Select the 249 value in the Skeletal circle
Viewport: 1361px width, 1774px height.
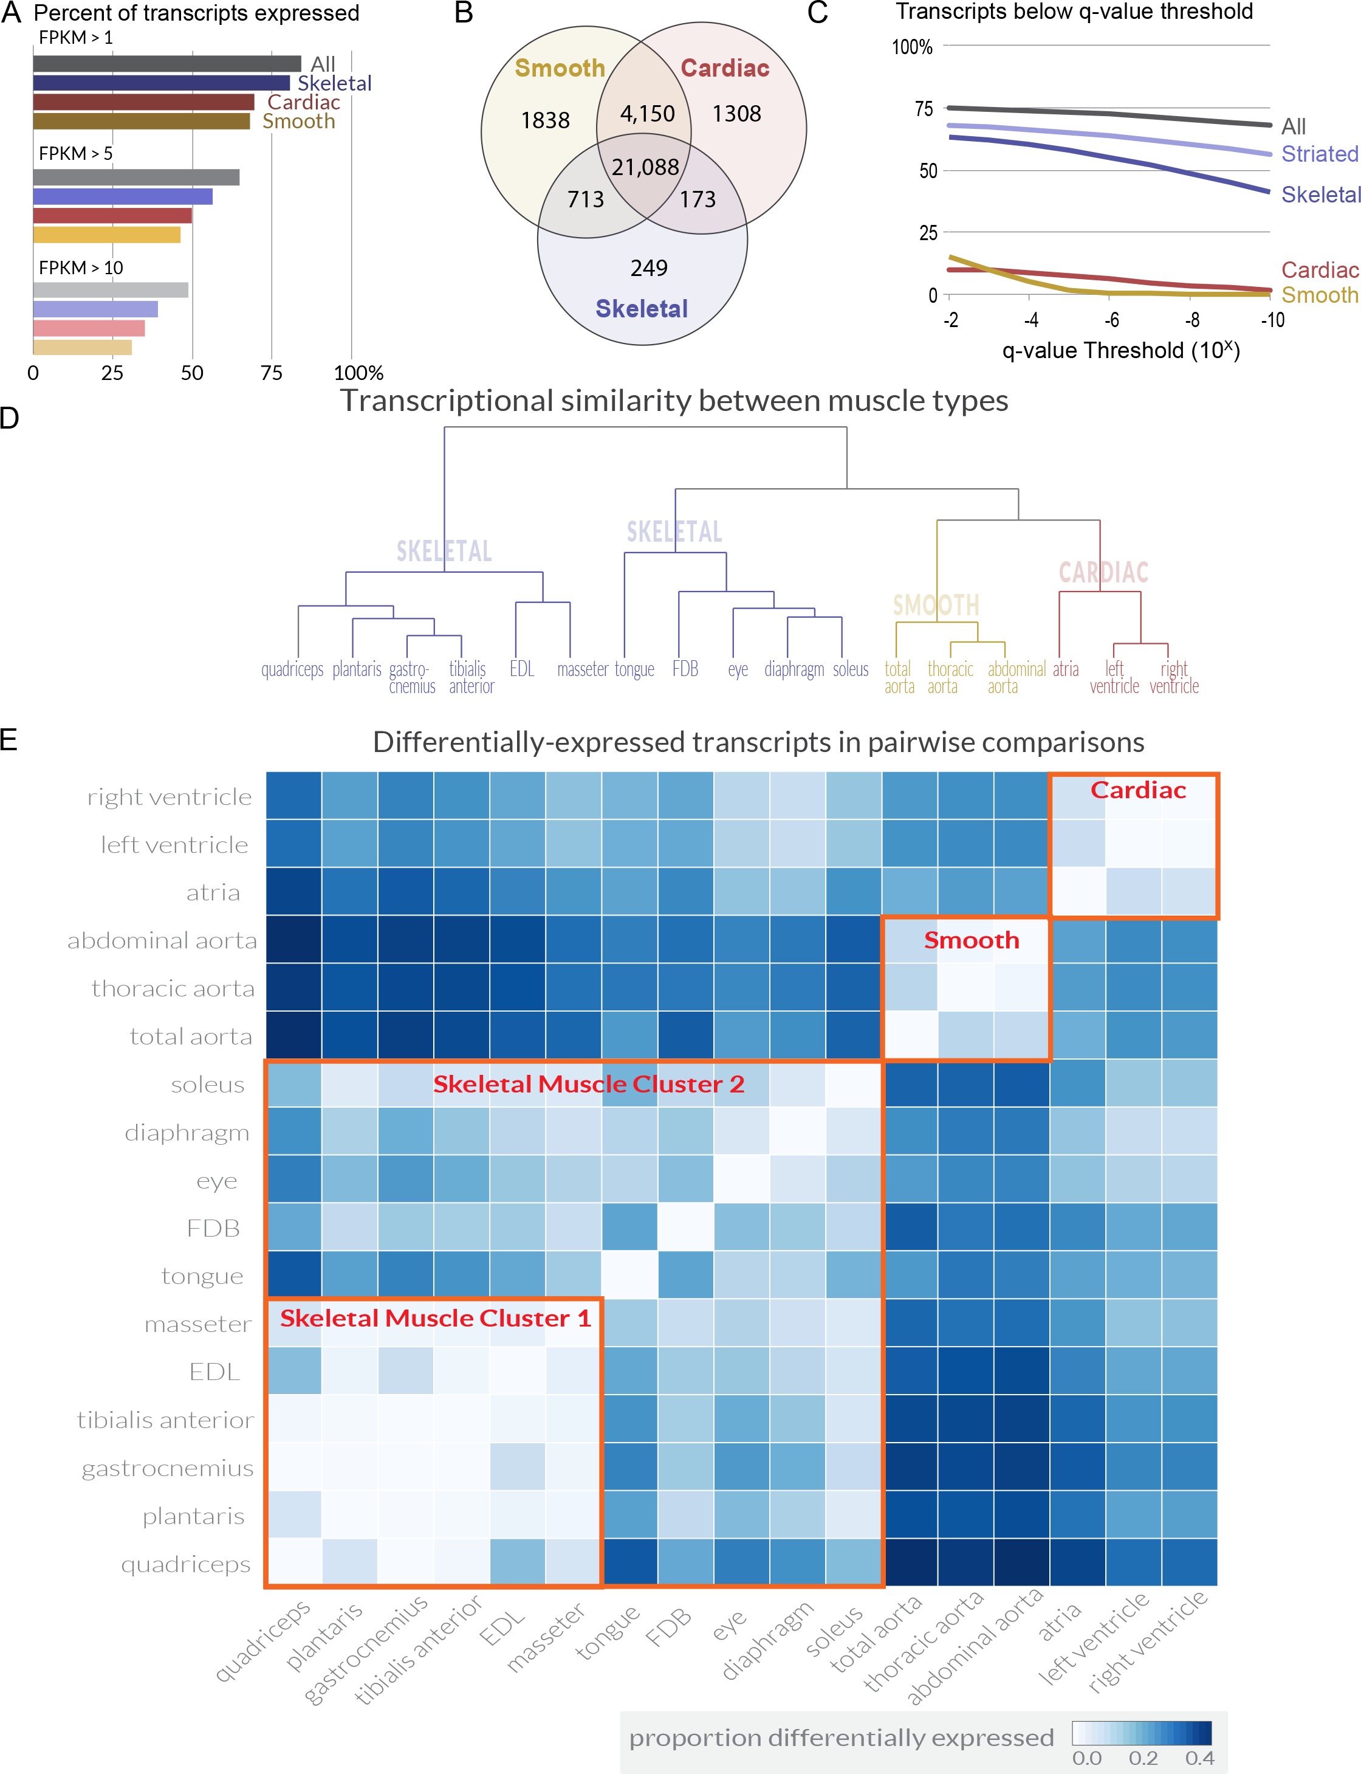coord(649,268)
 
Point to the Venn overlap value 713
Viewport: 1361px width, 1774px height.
coord(585,199)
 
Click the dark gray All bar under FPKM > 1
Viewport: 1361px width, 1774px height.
coord(167,63)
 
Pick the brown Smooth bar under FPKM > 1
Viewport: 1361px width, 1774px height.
coord(142,122)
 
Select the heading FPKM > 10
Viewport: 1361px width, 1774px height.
coord(81,267)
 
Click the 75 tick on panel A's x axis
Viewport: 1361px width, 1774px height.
coord(272,373)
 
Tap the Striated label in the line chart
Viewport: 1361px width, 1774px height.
coord(1319,153)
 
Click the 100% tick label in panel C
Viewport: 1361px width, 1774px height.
coord(912,47)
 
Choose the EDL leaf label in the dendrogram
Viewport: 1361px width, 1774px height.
coord(522,669)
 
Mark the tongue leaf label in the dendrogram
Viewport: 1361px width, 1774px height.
coord(634,669)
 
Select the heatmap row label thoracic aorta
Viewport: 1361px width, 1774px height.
coord(173,989)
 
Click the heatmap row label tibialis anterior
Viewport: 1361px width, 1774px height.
coord(165,1420)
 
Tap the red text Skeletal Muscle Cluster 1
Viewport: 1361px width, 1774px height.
coord(435,1319)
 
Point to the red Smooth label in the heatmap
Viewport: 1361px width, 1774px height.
coord(972,940)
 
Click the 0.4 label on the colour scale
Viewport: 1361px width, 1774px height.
coord(1199,1758)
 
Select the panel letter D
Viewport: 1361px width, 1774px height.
coord(10,418)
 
